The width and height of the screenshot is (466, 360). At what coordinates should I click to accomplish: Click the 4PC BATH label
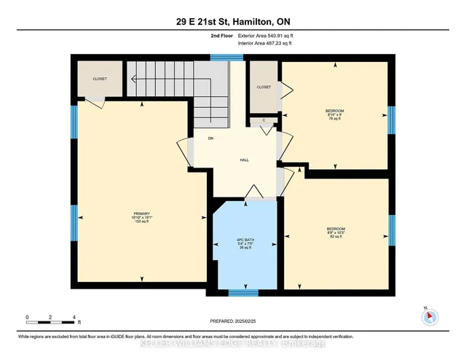point(244,243)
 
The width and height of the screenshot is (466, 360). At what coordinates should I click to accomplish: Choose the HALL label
point(245,160)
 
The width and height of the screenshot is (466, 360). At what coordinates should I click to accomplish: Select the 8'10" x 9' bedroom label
point(334,114)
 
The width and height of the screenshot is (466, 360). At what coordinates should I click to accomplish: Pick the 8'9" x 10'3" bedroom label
point(336,232)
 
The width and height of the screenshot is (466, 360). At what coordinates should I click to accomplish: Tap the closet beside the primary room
point(99,79)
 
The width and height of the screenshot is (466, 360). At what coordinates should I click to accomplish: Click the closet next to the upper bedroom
point(264,87)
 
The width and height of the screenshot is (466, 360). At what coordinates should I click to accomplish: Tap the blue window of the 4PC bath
point(243,292)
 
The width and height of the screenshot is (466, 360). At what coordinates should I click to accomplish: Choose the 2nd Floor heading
point(221,35)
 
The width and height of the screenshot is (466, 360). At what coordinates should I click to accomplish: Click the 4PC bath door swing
point(254,192)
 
